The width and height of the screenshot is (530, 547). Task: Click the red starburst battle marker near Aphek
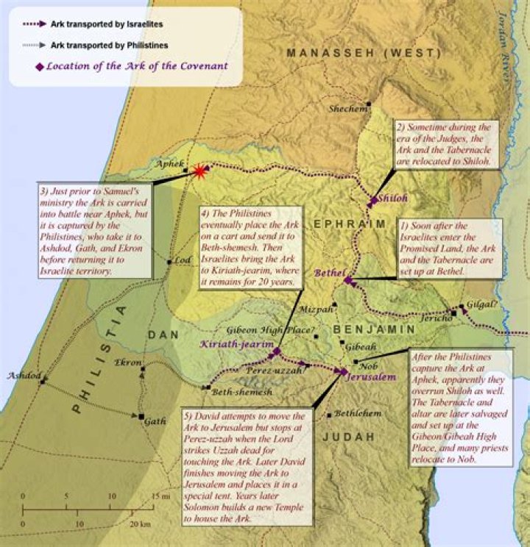199,171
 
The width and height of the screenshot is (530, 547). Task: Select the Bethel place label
329,272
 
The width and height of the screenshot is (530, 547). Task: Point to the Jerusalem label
372,376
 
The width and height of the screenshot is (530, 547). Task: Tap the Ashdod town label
21,376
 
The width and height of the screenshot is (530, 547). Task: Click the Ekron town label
128,362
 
